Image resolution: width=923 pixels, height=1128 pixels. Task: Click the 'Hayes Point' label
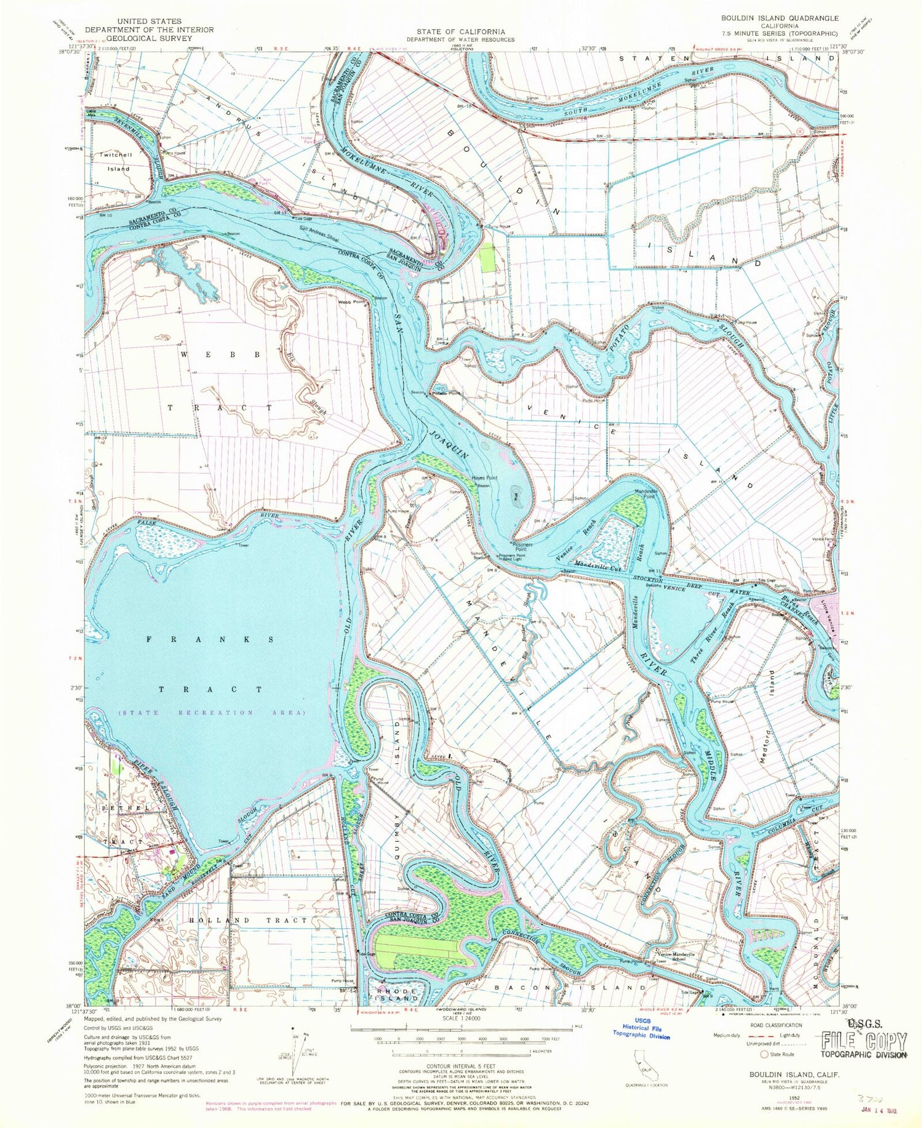coord(484,478)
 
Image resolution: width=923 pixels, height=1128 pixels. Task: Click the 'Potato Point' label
coord(446,393)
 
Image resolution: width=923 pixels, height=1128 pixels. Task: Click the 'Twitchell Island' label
coord(116,161)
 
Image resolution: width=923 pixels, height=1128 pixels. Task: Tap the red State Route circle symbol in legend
coord(765,1054)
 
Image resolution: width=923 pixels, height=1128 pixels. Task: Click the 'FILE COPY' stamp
coord(865,1041)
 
